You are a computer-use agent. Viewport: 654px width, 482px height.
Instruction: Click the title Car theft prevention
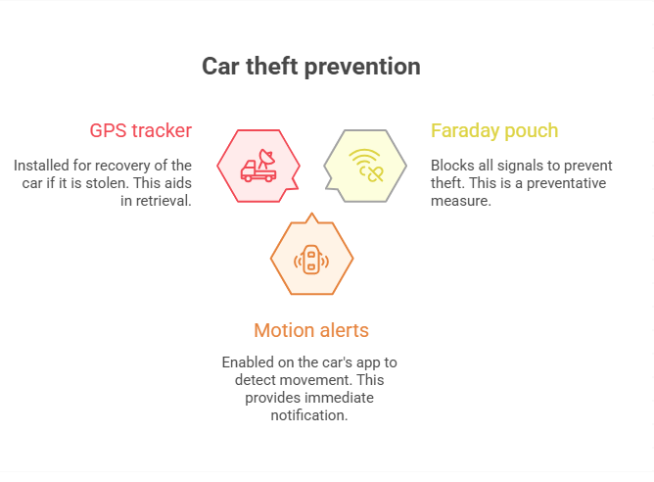click(311, 67)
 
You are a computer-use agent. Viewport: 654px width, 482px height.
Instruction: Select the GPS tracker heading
click(141, 130)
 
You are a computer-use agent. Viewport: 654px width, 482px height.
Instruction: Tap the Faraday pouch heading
click(494, 131)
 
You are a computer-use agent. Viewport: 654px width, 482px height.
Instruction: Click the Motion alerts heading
click(311, 330)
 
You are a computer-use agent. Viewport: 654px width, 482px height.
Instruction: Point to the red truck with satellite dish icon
click(258, 166)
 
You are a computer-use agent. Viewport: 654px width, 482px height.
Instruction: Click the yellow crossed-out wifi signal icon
click(366, 166)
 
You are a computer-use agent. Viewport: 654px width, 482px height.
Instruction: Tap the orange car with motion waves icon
click(311, 260)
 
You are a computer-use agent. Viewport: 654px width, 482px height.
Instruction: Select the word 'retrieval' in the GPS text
click(162, 201)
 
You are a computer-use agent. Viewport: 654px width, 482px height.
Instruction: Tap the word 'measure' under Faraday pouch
click(459, 202)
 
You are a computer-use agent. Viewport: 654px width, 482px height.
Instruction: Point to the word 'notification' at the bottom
click(307, 415)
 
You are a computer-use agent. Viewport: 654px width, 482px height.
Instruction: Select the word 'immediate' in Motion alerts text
click(344, 398)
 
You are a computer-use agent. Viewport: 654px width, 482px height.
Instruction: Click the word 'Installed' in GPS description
click(41, 166)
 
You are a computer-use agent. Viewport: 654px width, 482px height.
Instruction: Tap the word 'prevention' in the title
click(362, 68)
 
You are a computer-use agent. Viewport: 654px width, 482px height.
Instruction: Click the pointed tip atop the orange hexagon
click(311, 213)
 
